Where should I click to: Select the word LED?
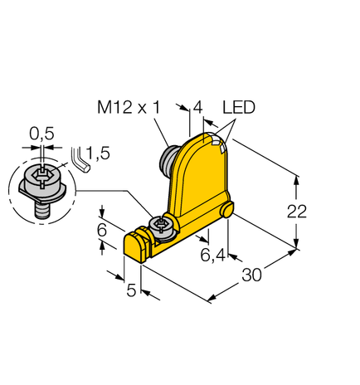click(238, 108)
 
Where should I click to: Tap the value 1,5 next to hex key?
click(97, 152)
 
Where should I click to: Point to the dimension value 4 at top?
click(197, 108)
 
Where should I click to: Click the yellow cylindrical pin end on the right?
click(226, 213)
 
